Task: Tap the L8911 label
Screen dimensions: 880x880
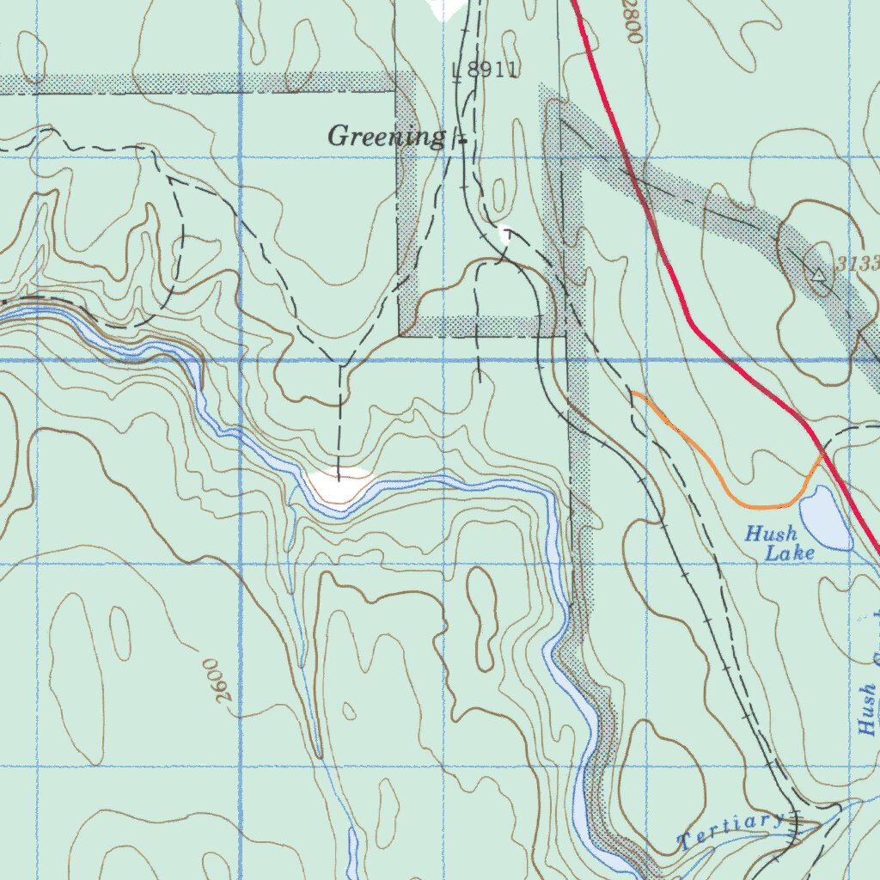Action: [486, 70]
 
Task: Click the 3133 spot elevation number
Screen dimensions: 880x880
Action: [859, 265]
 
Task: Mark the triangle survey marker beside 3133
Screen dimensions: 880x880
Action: [818, 275]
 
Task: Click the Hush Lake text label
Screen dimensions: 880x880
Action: [779, 544]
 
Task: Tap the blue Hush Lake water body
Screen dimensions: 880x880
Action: [825, 517]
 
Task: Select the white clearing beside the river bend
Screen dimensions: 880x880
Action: [339, 486]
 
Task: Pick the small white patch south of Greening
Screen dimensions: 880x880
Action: [508, 232]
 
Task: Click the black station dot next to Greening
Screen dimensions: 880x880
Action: [462, 139]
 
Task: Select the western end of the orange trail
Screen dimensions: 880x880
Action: [634, 394]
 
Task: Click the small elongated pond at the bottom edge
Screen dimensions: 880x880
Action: [352, 851]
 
